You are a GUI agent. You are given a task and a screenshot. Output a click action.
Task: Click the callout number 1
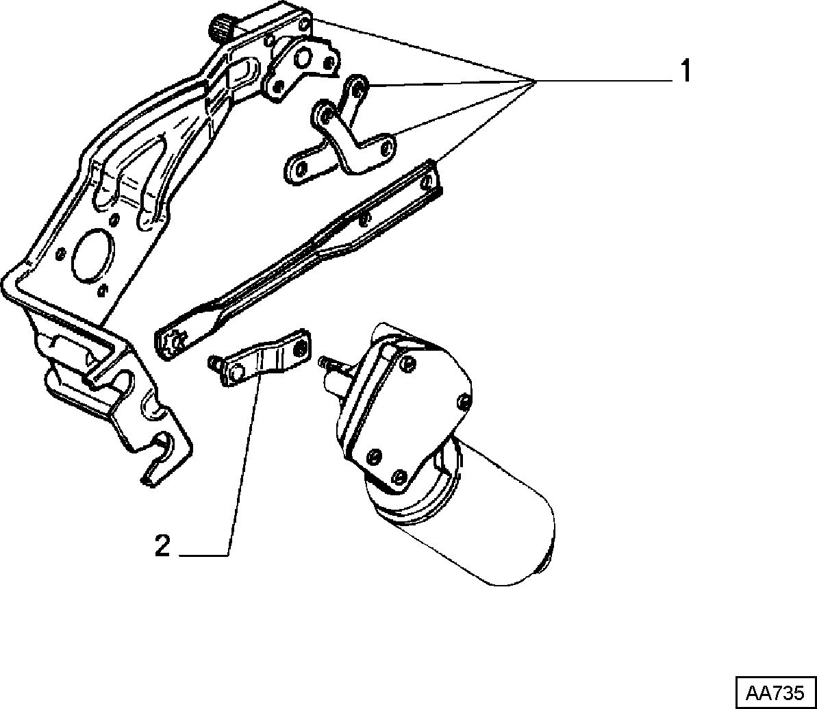686,71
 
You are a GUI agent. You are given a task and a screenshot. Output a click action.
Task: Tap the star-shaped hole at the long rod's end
175,340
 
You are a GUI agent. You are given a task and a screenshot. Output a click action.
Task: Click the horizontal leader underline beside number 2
203,555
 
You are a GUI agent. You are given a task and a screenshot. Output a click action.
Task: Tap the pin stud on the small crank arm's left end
213,361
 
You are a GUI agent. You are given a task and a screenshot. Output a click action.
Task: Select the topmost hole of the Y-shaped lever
357,86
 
